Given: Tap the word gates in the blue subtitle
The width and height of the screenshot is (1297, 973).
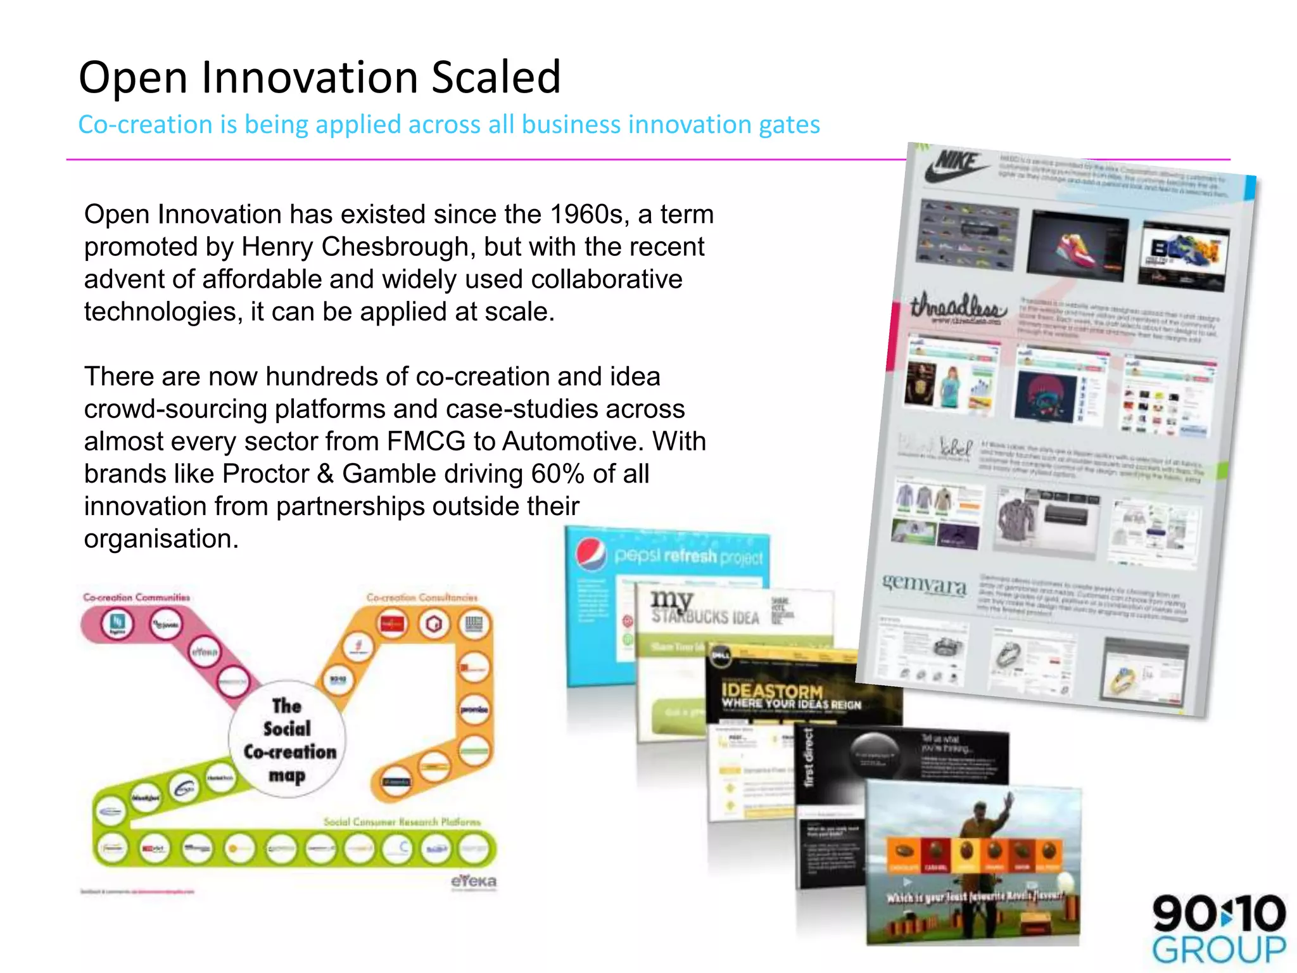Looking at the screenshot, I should coord(790,125).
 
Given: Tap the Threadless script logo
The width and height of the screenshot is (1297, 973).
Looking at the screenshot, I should coord(958,307).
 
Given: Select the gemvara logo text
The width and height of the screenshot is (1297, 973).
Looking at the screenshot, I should coord(925,583).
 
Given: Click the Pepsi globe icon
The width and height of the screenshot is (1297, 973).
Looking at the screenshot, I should coord(592,553).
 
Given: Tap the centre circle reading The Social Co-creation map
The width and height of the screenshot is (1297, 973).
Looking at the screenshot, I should coord(288,739).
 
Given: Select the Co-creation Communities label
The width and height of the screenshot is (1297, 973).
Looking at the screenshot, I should coord(136,597).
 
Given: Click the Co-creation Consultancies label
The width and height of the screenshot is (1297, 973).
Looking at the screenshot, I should coord(422,597).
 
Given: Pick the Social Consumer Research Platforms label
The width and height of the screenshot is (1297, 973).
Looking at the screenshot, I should coord(402,822).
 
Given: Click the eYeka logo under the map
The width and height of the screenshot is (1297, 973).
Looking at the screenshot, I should coord(473,881).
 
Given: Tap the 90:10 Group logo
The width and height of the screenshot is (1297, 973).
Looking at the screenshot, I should coord(1218,927).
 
